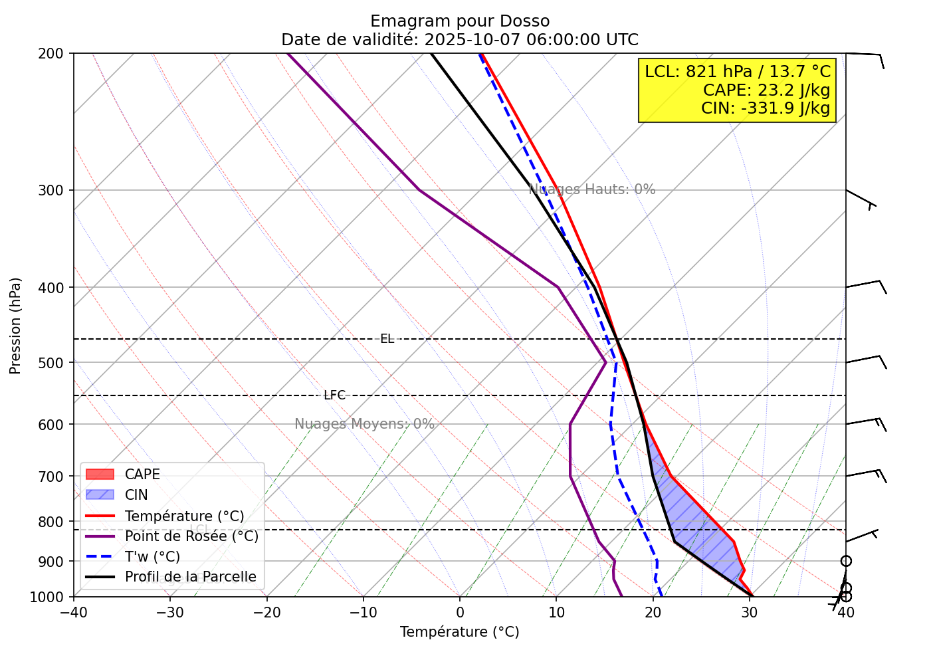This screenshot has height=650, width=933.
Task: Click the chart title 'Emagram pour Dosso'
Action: [460, 21]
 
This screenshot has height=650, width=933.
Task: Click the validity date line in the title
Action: [460, 40]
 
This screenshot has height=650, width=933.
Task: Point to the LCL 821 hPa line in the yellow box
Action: [738, 72]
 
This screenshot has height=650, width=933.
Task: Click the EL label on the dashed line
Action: [387, 339]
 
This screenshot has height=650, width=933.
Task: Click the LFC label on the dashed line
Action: [334, 395]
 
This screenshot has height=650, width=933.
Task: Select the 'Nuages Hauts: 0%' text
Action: [592, 189]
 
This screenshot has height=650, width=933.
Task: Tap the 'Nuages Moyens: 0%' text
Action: [364, 424]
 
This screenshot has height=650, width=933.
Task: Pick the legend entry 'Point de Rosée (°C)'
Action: [191, 536]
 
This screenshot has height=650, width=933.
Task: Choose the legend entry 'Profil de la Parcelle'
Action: [190, 577]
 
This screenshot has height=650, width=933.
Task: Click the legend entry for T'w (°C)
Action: [152, 557]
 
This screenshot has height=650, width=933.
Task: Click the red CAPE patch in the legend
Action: [100, 475]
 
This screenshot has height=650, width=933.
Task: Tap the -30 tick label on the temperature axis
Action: [169, 612]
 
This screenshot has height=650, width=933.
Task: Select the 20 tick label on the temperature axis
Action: [653, 612]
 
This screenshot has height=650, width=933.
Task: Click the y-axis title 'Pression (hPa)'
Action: [16, 326]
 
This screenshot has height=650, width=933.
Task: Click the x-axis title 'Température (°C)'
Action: [460, 632]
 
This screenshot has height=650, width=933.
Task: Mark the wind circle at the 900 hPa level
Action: [845, 562]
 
